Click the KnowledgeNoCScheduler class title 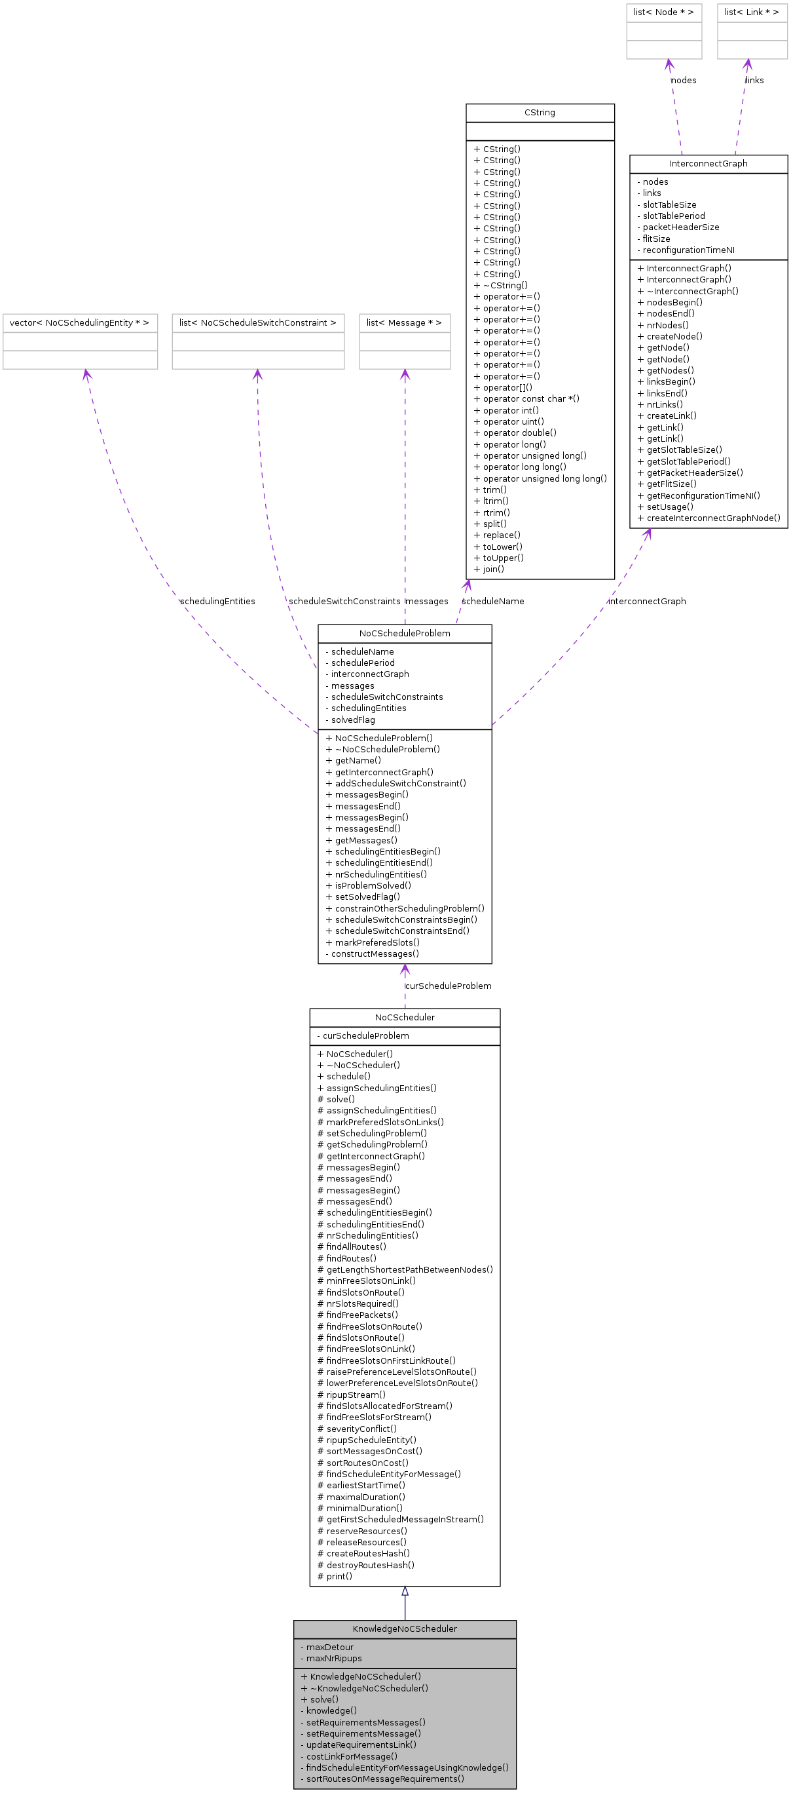(404, 1629)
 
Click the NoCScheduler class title (404, 1018)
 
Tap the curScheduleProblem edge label (448, 986)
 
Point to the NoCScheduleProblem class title (404, 634)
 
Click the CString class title (539, 113)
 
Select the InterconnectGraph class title (708, 164)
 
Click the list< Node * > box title (663, 12)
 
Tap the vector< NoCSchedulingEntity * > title (79, 323)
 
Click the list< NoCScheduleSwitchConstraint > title (257, 323)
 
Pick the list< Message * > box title (404, 323)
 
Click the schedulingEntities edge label (218, 602)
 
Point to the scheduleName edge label (493, 602)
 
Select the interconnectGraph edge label (647, 602)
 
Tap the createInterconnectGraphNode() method (708, 518)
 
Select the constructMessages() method (372, 954)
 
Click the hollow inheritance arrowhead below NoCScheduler (404, 1592)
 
